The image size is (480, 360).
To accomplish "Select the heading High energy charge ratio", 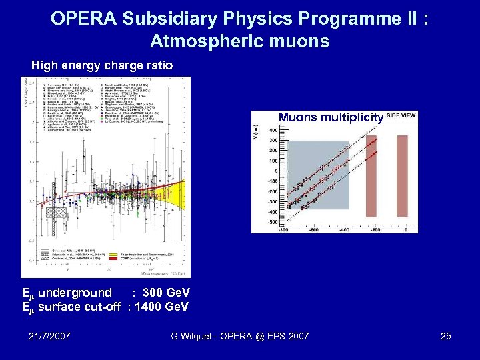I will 103,65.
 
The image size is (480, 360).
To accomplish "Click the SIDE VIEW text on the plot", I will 401,115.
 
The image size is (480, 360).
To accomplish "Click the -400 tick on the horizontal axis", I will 343,229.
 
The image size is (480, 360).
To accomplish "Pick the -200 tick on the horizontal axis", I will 375,229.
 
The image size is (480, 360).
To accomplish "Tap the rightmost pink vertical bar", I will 402,177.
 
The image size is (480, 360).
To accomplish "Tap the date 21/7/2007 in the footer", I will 50,336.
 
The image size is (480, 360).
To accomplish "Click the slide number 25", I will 446,336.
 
